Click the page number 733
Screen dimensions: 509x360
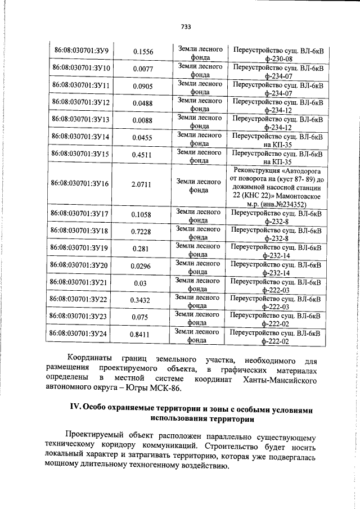coord(186,26)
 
